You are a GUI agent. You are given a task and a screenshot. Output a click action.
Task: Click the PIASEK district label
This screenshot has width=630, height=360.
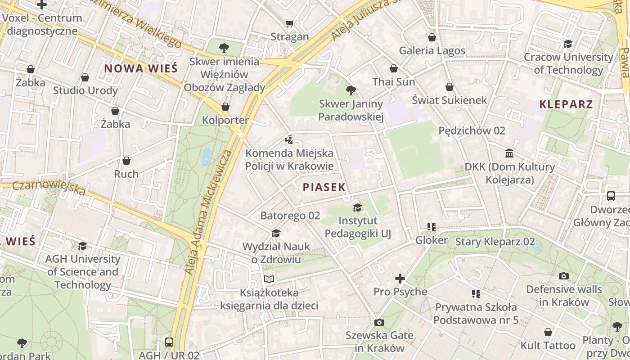click(x=324, y=187)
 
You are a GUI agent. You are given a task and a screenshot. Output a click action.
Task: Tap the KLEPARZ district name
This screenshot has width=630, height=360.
click(x=566, y=104)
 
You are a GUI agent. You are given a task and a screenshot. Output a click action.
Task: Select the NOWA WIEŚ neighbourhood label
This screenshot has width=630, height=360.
click(x=141, y=68)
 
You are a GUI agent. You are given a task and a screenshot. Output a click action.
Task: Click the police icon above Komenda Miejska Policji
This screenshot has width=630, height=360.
click(x=289, y=139)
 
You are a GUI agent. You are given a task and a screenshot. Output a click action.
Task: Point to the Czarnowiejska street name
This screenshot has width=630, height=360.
click(x=49, y=188)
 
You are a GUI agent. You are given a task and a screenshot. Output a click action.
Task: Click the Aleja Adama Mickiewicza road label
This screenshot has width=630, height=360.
click(x=209, y=211)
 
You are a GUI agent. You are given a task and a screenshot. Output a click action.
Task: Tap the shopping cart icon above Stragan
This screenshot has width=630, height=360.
click(x=290, y=23)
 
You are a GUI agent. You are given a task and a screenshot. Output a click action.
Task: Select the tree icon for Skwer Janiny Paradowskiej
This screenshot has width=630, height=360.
click(x=351, y=91)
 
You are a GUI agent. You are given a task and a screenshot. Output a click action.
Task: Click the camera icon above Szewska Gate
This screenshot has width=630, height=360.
click(x=379, y=322)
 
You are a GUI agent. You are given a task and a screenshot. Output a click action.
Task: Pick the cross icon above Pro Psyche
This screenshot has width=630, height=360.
click(x=400, y=279)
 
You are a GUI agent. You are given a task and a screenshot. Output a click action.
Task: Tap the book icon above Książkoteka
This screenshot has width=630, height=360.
click(x=269, y=279)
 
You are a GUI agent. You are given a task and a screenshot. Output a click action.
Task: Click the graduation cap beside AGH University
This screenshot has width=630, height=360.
click(x=82, y=246)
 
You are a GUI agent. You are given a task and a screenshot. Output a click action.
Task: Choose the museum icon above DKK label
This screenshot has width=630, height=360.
click(x=509, y=153)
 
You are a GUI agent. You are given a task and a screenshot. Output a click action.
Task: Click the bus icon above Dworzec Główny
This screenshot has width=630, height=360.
click(x=611, y=196)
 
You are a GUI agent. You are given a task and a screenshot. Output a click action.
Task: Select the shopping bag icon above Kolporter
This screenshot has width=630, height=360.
click(x=225, y=107)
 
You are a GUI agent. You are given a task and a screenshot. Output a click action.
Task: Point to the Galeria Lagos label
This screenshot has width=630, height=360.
click(x=432, y=50)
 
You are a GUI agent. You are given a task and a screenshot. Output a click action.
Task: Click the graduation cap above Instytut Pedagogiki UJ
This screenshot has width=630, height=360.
click(x=357, y=207)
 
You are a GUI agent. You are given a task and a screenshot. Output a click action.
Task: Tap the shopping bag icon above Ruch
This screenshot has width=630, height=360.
click(x=126, y=161)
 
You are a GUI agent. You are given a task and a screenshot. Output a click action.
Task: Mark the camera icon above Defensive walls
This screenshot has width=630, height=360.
click(x=563, y=276)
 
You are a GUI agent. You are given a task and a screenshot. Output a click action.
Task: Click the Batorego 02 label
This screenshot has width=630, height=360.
click(x=290, y=216)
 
